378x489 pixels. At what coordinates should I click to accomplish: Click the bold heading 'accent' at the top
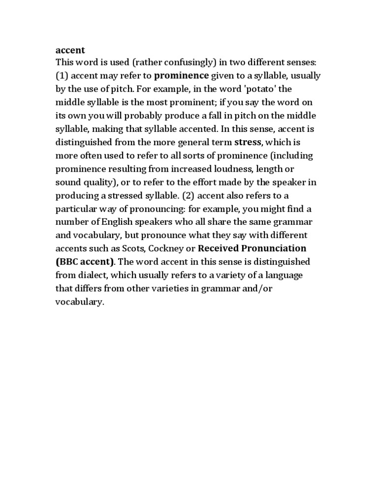tap(70, 50)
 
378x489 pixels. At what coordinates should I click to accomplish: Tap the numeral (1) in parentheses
tap(62, 76)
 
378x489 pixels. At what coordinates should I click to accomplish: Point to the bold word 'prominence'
tap(182, 76)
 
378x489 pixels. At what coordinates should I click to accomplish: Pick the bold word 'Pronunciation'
tap(273, 248)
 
